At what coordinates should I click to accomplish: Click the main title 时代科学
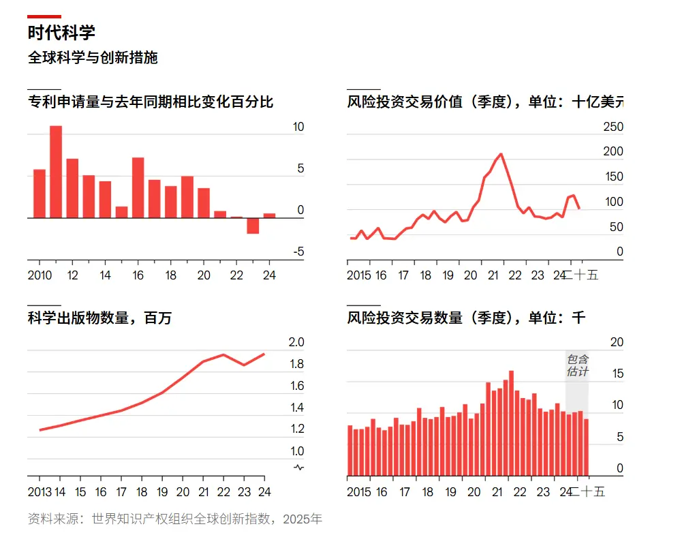coord(61,33)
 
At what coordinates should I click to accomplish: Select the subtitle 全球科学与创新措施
coord(93,58)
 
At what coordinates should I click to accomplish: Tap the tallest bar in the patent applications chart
coord(56,172)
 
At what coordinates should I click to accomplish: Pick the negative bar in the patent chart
coord(253,226)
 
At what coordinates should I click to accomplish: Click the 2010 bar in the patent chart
coord(40,194)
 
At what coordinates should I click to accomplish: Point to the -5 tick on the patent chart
coord(298,252)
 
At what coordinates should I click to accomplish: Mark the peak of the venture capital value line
coord(501,154)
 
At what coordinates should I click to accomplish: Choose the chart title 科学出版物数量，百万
coord(99,318)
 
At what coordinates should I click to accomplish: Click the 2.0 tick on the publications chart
coord(297,342)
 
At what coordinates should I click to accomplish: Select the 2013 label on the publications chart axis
coord(40,492)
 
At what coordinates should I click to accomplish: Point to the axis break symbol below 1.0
coord(298,467)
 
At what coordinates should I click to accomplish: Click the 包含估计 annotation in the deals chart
coord(577,365)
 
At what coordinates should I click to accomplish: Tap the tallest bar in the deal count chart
coord(511,423)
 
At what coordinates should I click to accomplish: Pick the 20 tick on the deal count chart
coord(616,342)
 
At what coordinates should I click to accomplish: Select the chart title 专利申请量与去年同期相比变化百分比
coord(151,103)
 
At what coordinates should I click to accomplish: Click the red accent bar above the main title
coord(44,16)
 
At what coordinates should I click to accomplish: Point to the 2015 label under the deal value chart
coord(359,275)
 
